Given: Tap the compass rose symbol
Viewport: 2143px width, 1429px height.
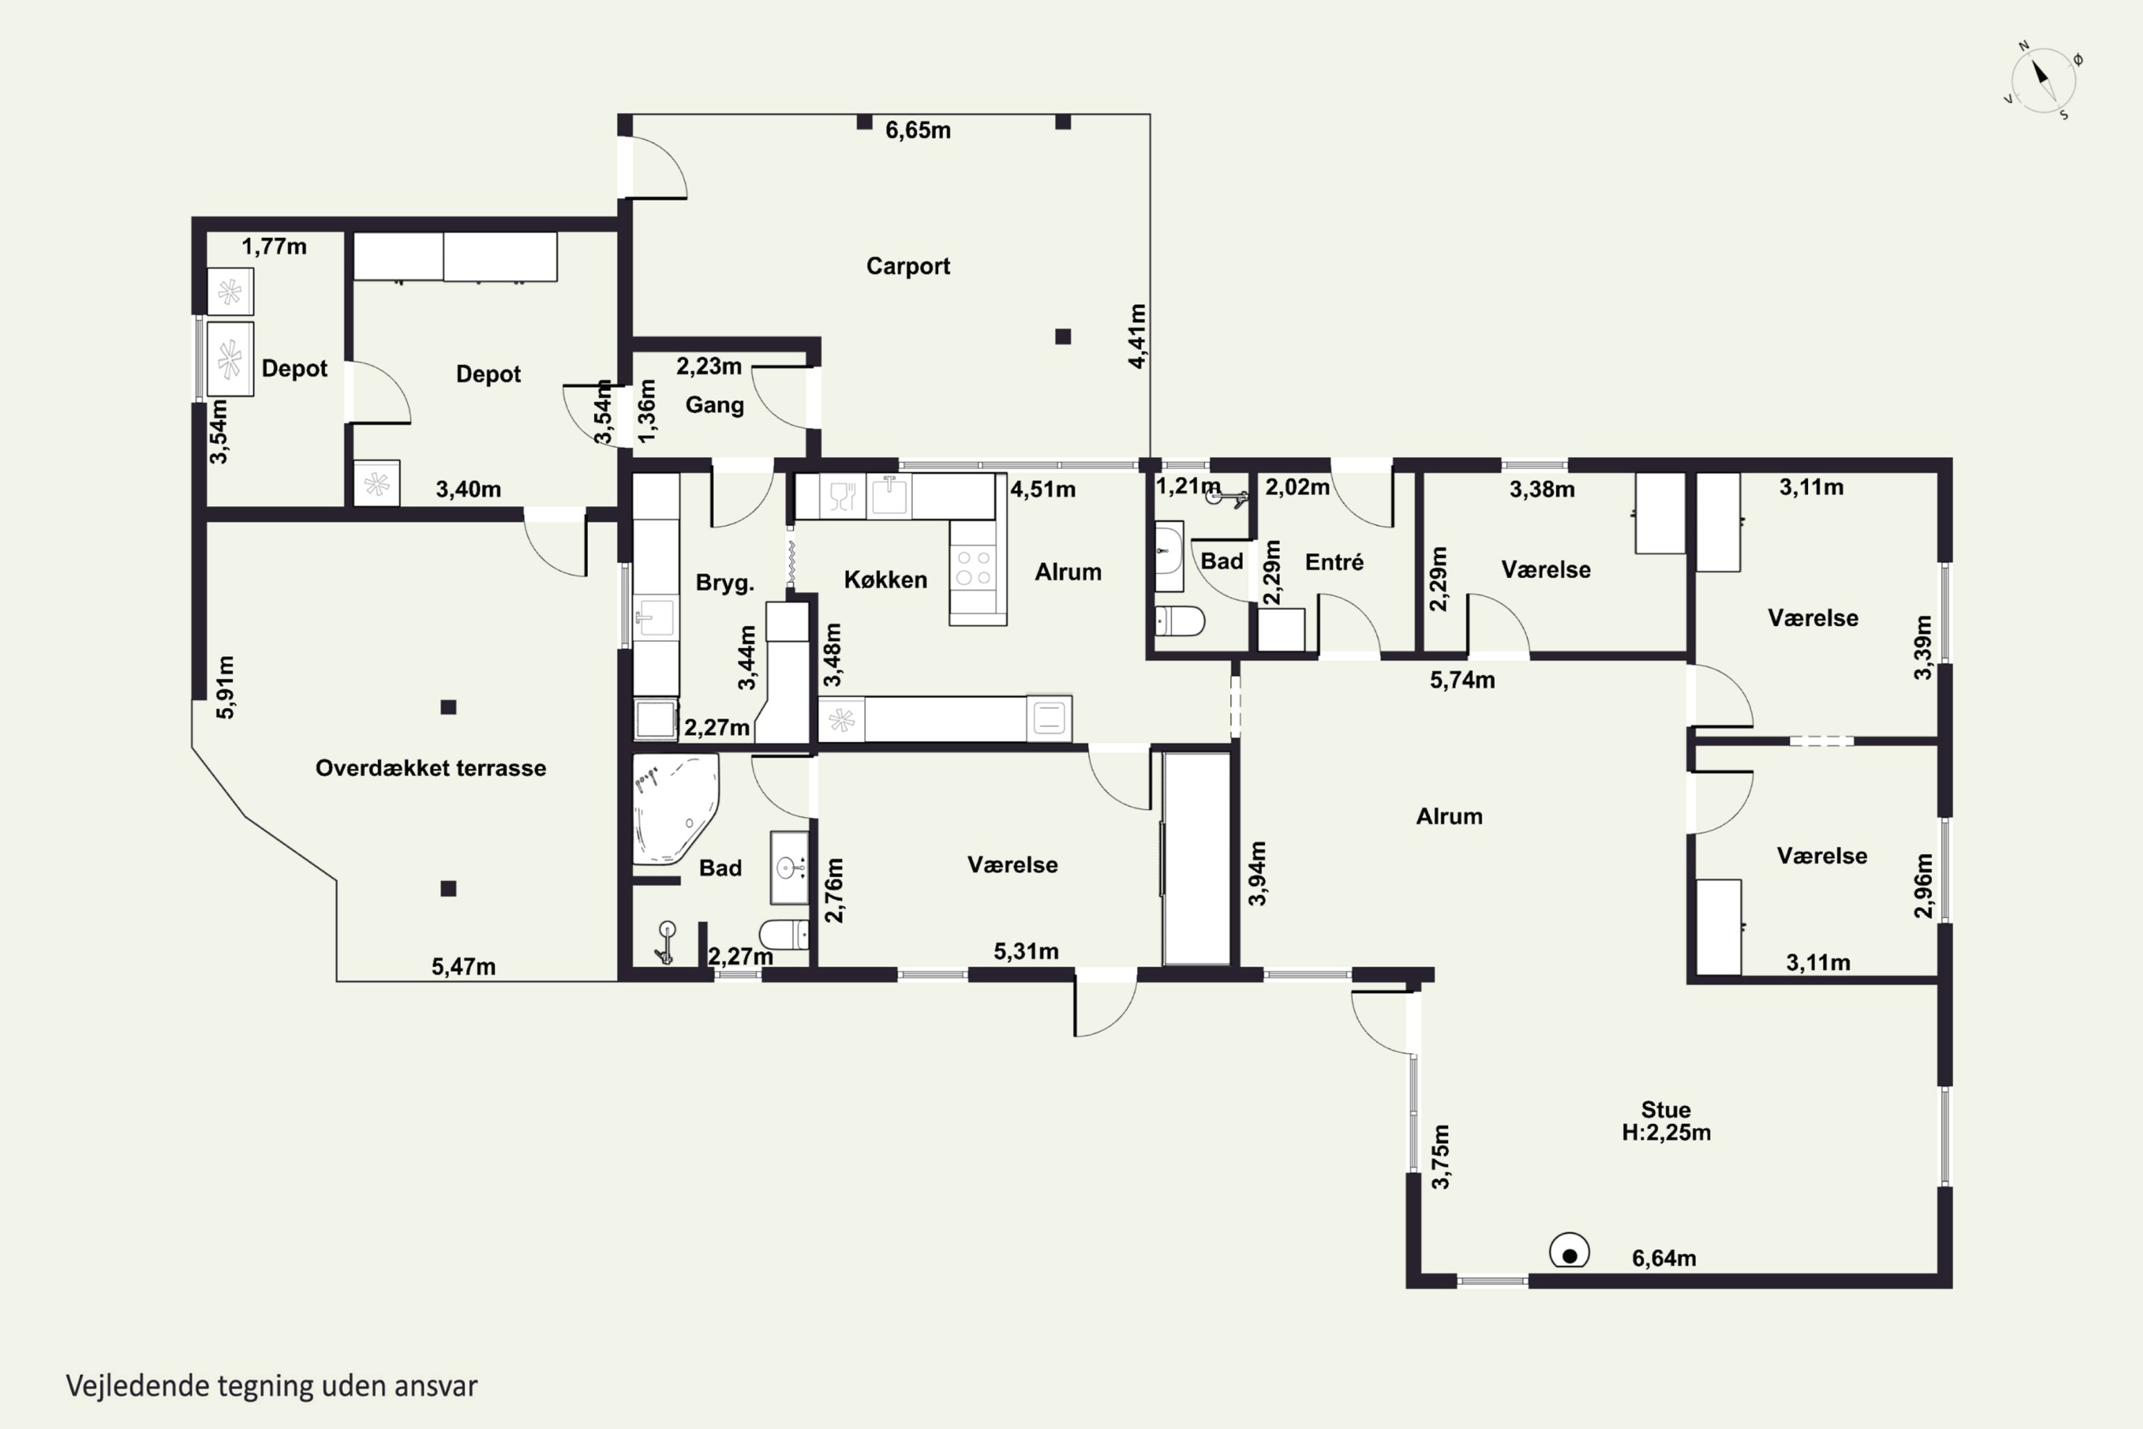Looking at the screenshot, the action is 2043,80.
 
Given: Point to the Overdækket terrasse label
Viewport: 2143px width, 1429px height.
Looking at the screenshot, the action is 430,768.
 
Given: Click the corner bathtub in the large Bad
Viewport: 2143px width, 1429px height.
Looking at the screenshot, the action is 674,807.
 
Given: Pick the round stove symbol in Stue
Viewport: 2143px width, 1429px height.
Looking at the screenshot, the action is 1569,1250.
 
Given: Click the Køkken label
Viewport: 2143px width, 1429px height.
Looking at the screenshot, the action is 885,579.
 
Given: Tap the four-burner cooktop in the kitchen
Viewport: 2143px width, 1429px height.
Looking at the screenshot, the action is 973,566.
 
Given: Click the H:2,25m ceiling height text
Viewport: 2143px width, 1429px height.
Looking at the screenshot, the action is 1666,1132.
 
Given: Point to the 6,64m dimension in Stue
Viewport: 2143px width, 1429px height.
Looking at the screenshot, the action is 1664,1258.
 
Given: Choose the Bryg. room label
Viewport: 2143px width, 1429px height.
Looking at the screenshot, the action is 724,583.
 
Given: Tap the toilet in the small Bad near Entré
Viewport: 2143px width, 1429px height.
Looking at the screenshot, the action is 1179,622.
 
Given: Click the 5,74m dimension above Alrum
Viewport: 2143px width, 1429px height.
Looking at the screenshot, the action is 1462,680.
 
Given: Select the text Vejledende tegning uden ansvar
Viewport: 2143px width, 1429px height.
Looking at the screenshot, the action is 271,1386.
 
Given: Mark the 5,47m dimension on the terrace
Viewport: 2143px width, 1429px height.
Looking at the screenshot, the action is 463,967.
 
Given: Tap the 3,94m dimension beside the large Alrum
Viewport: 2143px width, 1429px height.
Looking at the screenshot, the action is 1257,873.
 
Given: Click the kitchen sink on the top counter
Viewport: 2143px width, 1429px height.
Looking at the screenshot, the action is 889,497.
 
